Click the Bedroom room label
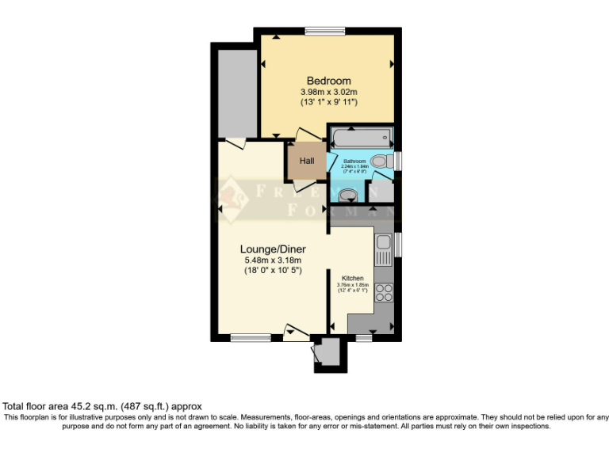click(x=328, y=81)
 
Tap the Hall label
click(x=306, y=161)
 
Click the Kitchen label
click(x=352, y=279)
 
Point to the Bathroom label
click(x=354, y=161)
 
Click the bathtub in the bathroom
click(x=361, y=139)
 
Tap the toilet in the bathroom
click(x=379, y=161)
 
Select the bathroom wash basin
click(x=347, y=195)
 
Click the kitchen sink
click(x=384, y=251)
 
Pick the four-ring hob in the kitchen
click(x=384, y=293)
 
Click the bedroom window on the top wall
click(x=324, y=31)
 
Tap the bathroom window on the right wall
click(x=398, y=161)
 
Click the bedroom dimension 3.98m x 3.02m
click(x=328, y=92)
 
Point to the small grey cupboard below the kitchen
click(x=328, y=354)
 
